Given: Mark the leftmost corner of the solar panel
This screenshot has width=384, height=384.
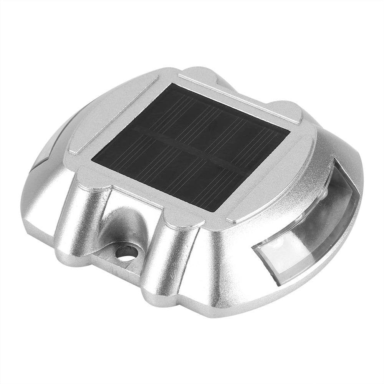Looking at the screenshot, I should (92, 157).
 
